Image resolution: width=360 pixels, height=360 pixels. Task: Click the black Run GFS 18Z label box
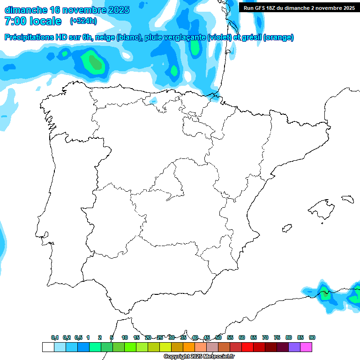(299, 7)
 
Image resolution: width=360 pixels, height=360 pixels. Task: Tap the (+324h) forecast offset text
(83, 21)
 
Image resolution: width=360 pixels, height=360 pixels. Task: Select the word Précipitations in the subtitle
(28, 37)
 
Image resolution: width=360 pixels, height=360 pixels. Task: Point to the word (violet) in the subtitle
(219, 37)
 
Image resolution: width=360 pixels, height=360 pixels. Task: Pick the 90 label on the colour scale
(312, 337)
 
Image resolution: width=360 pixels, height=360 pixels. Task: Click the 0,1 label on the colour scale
(55, 337)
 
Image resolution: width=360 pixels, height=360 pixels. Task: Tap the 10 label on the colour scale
(125, 337)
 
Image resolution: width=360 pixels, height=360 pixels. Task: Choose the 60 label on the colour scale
(242, 337)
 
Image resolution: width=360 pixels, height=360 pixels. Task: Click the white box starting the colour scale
(48, 347)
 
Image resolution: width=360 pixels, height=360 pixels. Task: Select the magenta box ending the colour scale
(306, 347)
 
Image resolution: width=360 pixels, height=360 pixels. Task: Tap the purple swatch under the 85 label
(294, 347)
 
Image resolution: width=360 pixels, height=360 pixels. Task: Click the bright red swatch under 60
(247, 347)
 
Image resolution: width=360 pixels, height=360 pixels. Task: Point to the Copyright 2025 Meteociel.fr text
(199, 357)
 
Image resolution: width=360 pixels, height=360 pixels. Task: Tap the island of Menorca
(347, 199)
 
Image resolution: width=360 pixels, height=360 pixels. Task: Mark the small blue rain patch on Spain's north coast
(153, 100)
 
